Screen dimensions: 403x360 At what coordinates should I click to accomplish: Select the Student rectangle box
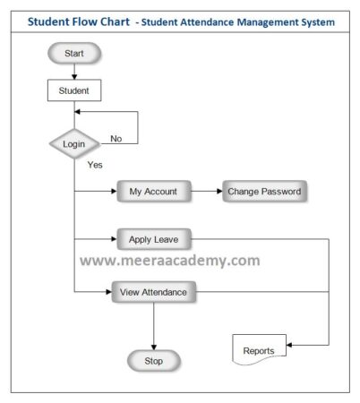(x=73, y=90)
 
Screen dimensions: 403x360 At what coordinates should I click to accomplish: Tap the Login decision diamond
(x=73, y=143)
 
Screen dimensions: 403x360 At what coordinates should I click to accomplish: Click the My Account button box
(x=153, y=192)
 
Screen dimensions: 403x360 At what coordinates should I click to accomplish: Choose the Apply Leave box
(x=153, y=240)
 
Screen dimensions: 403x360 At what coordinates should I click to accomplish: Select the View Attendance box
(x=154, y=292)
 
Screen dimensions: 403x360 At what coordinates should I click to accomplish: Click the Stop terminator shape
(x=153, y=361)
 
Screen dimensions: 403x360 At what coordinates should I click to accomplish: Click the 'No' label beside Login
(x=116, y=138)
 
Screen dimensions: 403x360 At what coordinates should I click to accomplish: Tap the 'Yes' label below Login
(x=95, y=166)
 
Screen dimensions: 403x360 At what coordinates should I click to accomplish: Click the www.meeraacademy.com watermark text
(x=170, y=261)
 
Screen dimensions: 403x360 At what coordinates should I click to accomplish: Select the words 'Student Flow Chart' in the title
(x=77, y=21)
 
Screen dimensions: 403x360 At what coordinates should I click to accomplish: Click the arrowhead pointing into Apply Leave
(x=113, y=240)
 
